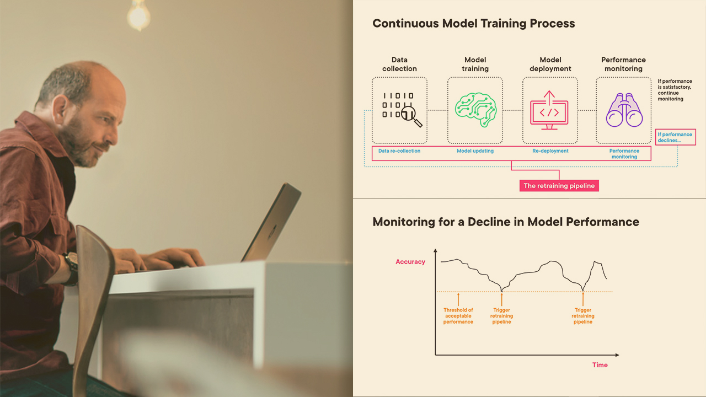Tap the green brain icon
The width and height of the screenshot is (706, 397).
click(475, 110)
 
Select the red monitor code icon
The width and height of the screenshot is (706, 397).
click(549, 111)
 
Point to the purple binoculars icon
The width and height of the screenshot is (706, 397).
click(624, 111)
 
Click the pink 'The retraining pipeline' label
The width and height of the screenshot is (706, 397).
click(559, 186)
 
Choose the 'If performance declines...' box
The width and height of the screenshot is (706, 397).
click(676, 137)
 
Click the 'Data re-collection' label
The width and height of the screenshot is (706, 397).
click(399, 151)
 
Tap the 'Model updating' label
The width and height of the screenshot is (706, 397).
click(475, 151)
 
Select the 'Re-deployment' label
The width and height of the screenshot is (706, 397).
click(550, 151)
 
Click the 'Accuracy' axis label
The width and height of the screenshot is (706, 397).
click(410, 262)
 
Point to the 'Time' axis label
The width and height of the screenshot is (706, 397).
click(600, 364)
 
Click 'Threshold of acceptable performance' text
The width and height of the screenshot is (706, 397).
click(458, 316)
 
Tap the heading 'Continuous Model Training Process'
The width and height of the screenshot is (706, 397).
click(473, 24)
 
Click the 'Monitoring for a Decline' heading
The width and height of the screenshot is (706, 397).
click(505, 222)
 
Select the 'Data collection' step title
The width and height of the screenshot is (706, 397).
click(399, 64)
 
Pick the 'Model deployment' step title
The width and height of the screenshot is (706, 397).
click(550, 64)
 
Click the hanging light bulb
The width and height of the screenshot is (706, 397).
click(138, 15)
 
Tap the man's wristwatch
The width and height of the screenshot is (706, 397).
click(71, 269)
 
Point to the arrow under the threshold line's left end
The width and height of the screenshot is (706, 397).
click(458, 299)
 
